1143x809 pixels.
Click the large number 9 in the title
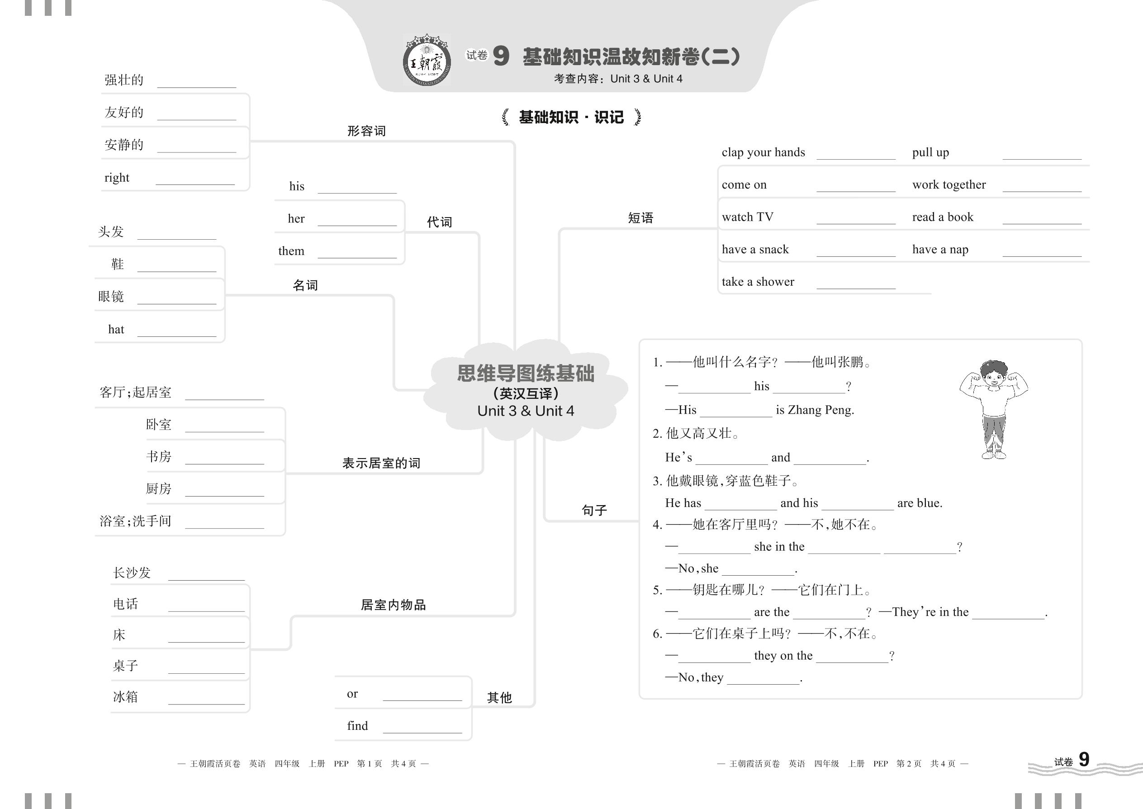coord(501,56)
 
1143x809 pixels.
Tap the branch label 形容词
coord(366,131)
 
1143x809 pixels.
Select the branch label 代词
coord(439,222)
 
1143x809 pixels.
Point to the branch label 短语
coord(640,218)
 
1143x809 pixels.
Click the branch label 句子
coord(594,510)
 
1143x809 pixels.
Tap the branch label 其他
coord(499,697)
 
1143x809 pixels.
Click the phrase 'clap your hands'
coord(763,152)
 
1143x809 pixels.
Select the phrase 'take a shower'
coord(757,282)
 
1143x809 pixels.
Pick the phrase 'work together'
coord(949,185)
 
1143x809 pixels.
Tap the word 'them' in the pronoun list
coord(291,251)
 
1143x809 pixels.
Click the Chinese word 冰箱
coord(125,696)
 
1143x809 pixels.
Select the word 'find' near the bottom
coord(357,726)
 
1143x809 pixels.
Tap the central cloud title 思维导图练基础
coord(526,374)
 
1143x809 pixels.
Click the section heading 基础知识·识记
coord(571,118)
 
